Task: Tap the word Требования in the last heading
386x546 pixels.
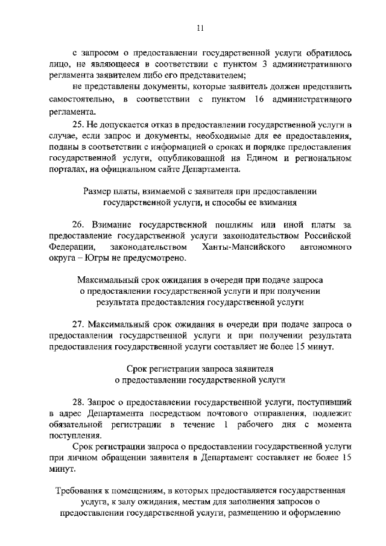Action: point(81,491)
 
